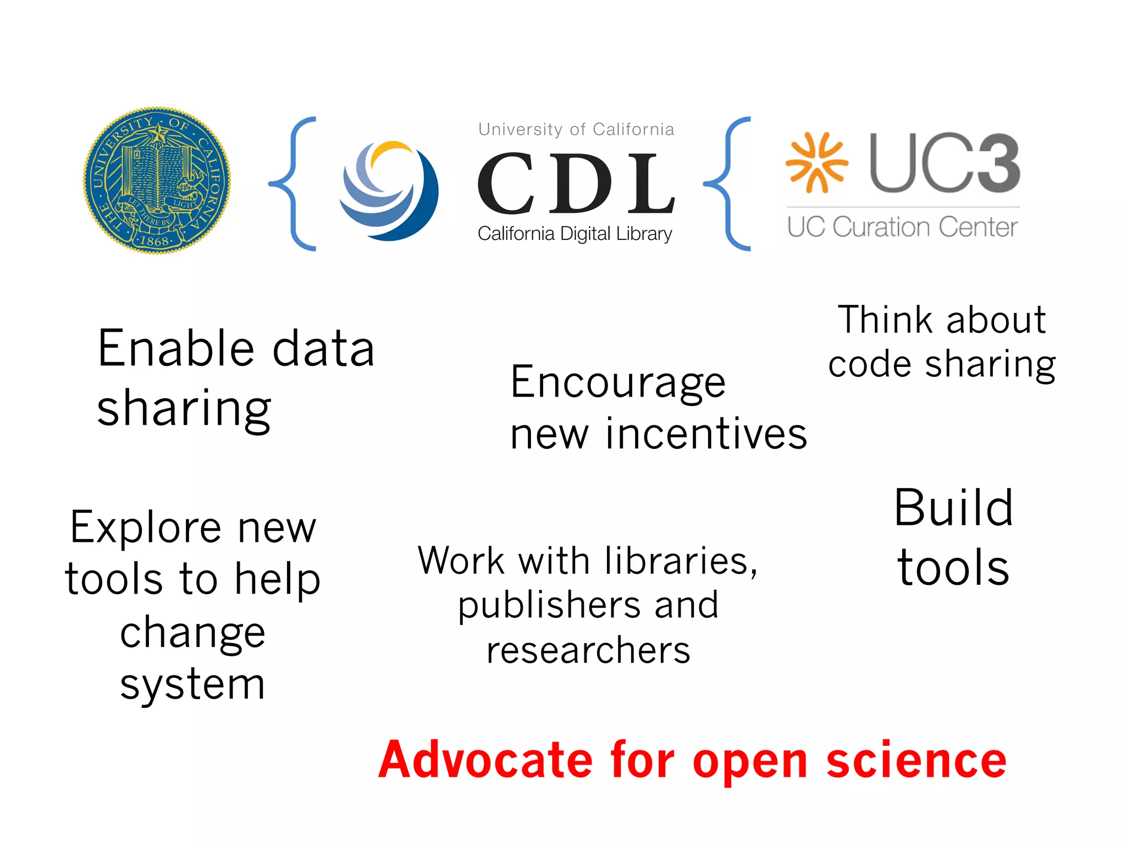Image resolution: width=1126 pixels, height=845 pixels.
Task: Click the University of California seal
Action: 157,180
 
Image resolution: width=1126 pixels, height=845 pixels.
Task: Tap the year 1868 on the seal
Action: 154,241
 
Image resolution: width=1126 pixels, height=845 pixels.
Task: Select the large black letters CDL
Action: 576,184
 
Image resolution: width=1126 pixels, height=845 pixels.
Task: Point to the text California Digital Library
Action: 575,234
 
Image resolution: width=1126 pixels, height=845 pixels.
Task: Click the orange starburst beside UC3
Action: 816,163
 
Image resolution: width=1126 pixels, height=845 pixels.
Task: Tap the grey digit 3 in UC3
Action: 993,163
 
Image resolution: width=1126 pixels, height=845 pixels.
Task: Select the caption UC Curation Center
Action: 902,227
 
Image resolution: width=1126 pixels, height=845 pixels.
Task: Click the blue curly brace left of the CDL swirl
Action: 293,184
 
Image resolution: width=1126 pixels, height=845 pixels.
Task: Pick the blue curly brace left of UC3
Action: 727,184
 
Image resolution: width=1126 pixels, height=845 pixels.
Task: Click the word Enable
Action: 175,348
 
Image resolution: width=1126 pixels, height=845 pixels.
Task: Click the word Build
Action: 953,508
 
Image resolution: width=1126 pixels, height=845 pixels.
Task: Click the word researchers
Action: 588,650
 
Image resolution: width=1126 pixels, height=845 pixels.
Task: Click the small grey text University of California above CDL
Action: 576,129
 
